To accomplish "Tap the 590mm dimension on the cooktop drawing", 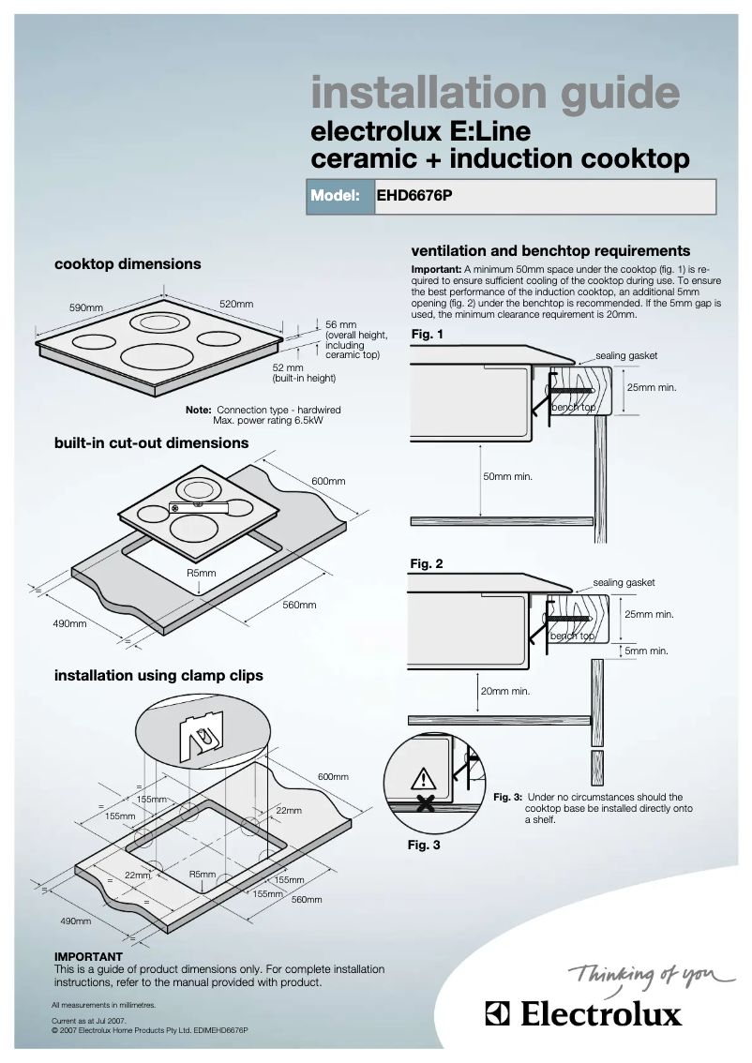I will coord(85,307).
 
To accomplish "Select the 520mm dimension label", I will coord(236,304).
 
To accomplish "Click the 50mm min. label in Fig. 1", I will coord(507,477).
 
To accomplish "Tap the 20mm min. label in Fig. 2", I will coord(505,691).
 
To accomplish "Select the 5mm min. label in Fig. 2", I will coord(647,651).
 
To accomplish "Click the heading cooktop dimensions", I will coord(128,264).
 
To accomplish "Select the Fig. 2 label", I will coord(427,564).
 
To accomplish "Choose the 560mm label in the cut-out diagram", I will coord(299,605).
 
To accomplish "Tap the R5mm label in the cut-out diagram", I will coord(201,573).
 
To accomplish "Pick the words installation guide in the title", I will coord(495,93).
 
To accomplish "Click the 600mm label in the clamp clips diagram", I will coord(332,777).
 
